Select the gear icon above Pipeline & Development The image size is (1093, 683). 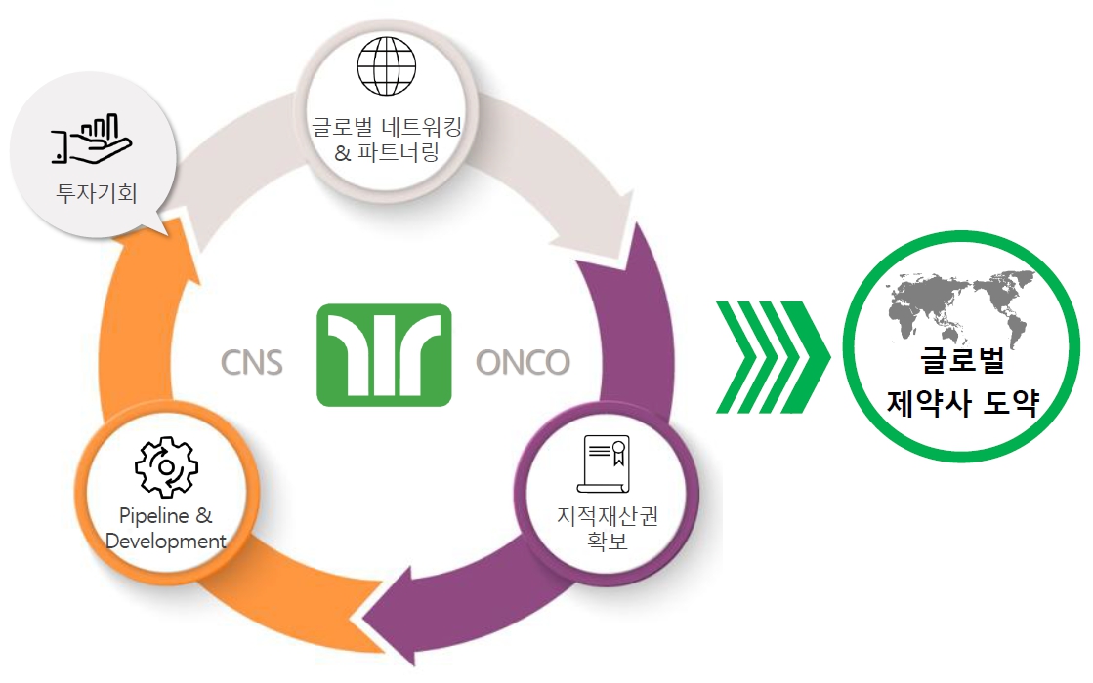pos(165,467)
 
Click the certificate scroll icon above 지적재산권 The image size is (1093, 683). pos(606,463)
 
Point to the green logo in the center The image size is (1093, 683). pos(384,354)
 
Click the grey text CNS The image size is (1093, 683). pos(252,362)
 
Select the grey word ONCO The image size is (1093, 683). pos(523,362)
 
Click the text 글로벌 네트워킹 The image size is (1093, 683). pos(386,127)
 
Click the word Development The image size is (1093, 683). pos(165,541)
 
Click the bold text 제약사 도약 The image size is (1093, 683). pos(962,403)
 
